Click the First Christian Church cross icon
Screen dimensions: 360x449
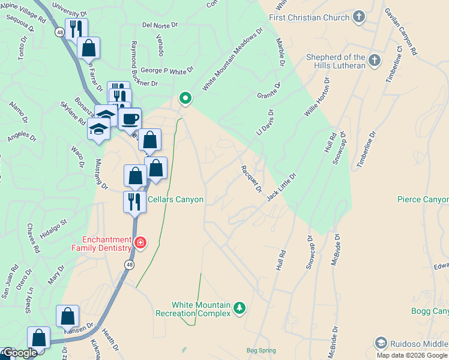[359, 17]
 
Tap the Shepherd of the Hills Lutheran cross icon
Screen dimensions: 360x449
[374, 60]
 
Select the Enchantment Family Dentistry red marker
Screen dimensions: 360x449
[140, 242]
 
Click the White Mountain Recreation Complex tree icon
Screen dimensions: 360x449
[240, 308]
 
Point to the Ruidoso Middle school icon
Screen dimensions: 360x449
[379, 343]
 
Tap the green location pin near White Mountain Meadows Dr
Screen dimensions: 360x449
[185, 98]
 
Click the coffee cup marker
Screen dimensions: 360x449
[130, 118]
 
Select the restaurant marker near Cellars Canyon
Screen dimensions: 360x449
[134, 202]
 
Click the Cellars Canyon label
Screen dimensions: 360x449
[175, 199]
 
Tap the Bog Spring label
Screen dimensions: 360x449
[259, 350]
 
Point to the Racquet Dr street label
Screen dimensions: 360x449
[252, 179]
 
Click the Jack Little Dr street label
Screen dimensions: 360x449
[282, 187]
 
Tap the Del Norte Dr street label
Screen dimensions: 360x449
[160, 25]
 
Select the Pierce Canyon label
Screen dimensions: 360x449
[423, 199]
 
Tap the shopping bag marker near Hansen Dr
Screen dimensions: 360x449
[68, 316]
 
